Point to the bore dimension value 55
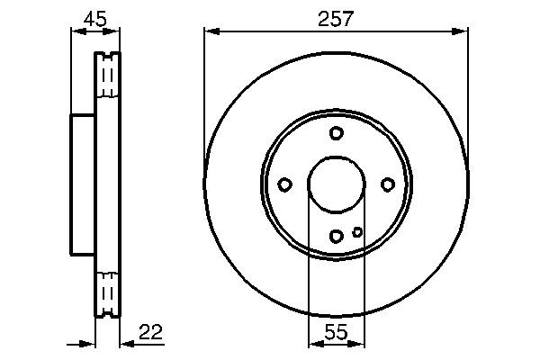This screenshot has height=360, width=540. (336, 332)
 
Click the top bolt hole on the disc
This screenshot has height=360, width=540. (337, 133)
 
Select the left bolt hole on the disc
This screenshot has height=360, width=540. (284, 185)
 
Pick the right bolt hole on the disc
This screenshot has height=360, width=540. (388, 184)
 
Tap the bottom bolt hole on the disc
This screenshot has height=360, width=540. (337, 237)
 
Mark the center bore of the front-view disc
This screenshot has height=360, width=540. (336, 184)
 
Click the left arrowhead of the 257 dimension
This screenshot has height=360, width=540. (211, 31)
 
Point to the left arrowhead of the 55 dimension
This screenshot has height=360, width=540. (314, 343)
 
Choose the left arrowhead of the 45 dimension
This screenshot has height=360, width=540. (76, 31)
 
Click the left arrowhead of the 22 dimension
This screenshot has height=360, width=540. (89, 343)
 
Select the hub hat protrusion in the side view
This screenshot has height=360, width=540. (83, 184)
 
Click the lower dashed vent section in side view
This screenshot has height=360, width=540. (107, 290)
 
